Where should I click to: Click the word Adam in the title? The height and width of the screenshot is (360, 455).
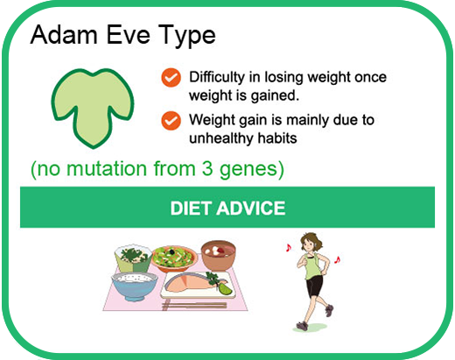tap(64, 35)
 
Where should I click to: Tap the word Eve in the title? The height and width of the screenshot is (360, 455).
tap(129, 35)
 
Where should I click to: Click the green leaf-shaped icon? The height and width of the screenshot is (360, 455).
tap(93, 108)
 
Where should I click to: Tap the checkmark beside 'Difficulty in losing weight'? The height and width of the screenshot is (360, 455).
tap(171, 77)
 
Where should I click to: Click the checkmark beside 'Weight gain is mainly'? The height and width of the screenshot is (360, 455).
tap(171, 120)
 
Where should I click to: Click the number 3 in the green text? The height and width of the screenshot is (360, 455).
tap(207, 168)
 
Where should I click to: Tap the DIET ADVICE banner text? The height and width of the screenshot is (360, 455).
tap(227, 208)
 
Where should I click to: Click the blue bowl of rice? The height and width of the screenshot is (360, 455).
tap(135, 286)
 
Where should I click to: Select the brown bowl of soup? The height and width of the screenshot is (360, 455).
tap(218, 255)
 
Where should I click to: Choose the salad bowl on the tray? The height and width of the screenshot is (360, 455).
tap(174, 258)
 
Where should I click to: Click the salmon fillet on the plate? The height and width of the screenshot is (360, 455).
tap(186, 284)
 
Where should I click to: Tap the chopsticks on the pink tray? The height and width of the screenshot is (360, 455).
tap(194, 306)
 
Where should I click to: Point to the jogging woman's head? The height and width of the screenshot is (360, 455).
tap(311, 243)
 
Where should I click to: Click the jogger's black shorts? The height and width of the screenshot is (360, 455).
tap(314, 286)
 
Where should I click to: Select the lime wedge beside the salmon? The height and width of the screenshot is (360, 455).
tap(225, 288)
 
